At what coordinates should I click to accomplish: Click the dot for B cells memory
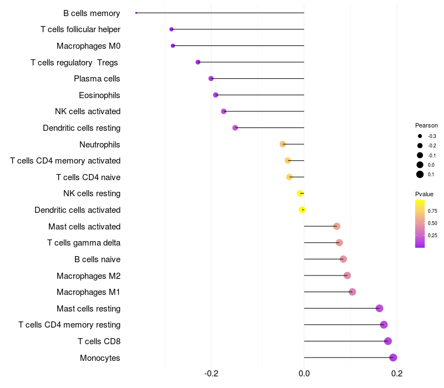click(x=136, y=13)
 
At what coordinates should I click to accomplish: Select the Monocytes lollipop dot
click(x=393, y=358)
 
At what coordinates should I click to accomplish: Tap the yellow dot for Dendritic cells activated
click(x=302, y=210)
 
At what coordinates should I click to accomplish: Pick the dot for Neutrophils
click(x=282, y=144)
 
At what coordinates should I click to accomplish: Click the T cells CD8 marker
click(x=388, y=341)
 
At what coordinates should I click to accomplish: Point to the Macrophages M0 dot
click(x=173, y=46)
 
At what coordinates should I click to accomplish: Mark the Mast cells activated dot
click(x=337, y=226)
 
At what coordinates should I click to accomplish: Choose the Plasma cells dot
click(x=211, y=79)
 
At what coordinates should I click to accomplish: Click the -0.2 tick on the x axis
click(x=211, y=374)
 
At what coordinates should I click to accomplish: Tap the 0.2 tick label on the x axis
click(x=397, y=374)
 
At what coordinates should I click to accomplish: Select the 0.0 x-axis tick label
click(x=304, y=374)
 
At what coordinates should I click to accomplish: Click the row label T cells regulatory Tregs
click(x=74, y=63)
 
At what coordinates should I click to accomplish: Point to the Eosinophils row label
click(x=99, y=95)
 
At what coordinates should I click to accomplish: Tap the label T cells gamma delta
click(x=84, y=243)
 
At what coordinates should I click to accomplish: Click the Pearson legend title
click(x=426, y=125)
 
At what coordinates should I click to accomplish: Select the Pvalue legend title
click(x=424, y=194)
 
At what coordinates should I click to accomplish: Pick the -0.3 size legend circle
click(x=420, y=136)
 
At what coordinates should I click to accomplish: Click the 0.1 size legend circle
click(x=420, y=175)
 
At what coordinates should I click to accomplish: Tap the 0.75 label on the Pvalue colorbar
click(x=432, y=211)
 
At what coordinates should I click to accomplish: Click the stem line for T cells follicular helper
click(x=238, y=29)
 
